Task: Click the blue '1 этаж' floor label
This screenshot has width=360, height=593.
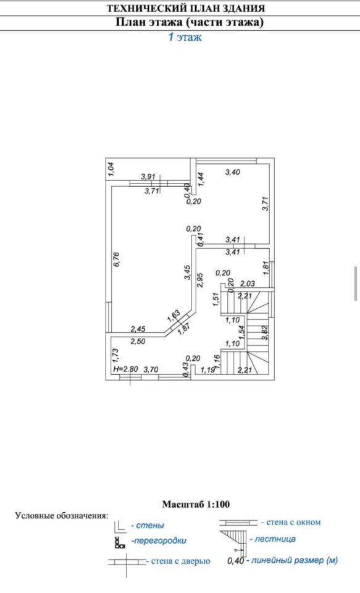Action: [x=185, y=37]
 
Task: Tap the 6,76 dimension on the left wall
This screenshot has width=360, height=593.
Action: [x=117, y=259]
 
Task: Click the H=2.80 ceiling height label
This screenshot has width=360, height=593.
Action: [x=125, y=369]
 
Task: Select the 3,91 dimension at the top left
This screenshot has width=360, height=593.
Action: [x=148, y=176]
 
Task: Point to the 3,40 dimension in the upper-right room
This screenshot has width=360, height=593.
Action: [x=233, y=172]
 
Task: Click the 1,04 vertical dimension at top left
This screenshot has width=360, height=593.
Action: [x=111, y=169]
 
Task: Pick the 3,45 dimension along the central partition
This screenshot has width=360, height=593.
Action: [x=188, y=272]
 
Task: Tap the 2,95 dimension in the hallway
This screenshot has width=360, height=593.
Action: [x=200, y=280]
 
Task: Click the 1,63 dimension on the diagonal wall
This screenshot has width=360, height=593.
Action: [x=173, y=316]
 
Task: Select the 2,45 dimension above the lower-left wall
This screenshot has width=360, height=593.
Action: [x=138, y=329]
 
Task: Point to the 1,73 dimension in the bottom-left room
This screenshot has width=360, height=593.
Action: [x=116, y=356]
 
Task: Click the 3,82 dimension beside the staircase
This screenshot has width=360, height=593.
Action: [x=265, y=333]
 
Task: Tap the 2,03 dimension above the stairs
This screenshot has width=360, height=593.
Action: [x=248, y=284]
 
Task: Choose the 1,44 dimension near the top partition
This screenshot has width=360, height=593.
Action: [x=201, y=179]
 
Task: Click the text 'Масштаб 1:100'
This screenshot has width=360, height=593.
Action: [x=196, y=504]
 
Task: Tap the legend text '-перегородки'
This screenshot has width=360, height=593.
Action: [x=159, y=541]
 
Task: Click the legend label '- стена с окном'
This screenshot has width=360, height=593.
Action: [x=291, y=523]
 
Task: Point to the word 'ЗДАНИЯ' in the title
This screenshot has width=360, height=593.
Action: [x=242, y=8]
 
